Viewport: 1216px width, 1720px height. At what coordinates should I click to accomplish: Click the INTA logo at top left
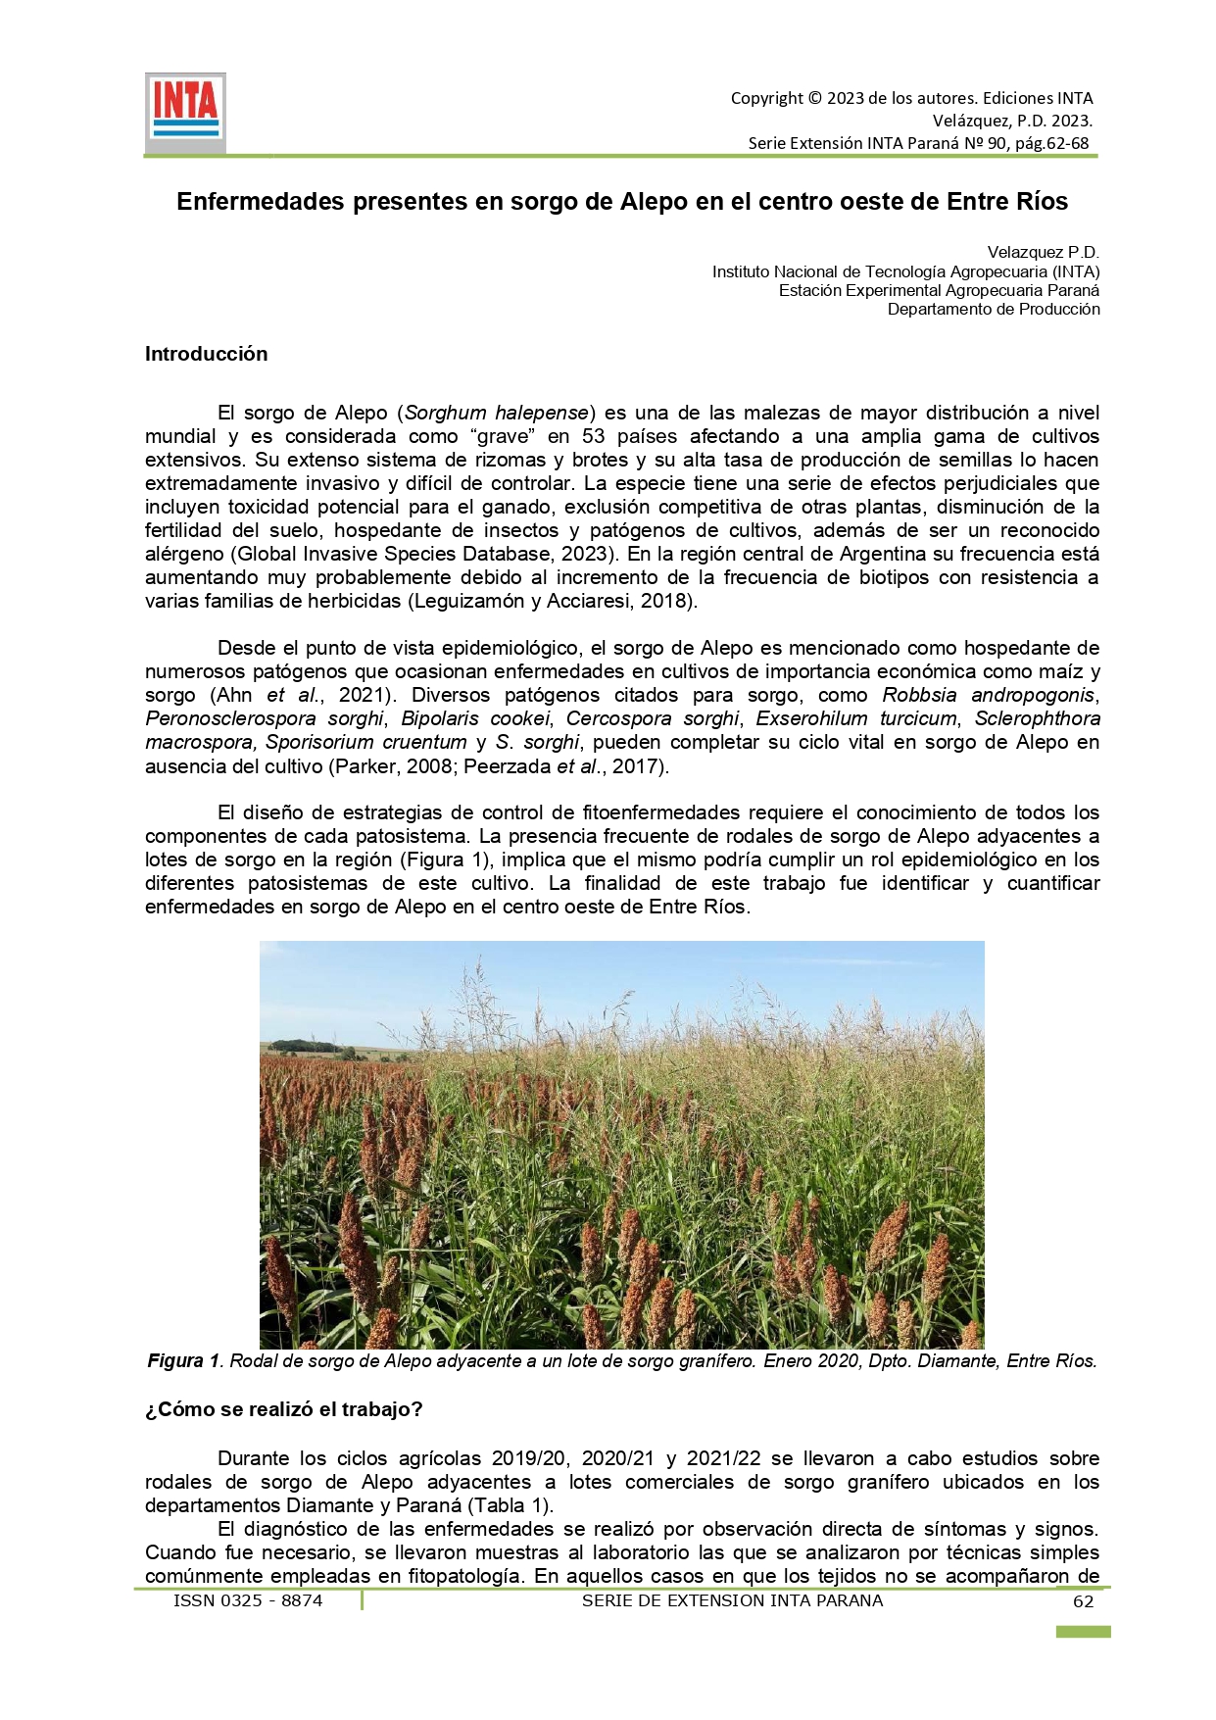point(185,111)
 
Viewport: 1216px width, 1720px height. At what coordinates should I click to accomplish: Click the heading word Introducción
point(206,354)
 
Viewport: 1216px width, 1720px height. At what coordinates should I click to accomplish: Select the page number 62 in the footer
point(1083,1601)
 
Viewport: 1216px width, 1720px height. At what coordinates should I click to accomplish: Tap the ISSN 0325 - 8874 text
point(248,1600)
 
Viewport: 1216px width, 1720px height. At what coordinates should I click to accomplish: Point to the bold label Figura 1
point(183,1361)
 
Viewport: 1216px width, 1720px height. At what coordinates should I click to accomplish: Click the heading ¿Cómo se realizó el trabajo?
point(283,1409)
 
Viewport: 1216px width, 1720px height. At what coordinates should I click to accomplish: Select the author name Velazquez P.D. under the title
point(1043,253)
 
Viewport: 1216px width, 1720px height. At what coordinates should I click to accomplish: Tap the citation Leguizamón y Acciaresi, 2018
point(552,601)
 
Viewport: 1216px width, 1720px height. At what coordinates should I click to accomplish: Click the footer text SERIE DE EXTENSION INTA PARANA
point(732,1600)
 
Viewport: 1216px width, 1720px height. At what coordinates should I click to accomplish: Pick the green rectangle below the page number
point(1083,1632)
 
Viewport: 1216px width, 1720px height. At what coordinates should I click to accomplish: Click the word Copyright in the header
point(766,98)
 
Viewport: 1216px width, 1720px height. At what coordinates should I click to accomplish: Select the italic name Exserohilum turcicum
point(855,718)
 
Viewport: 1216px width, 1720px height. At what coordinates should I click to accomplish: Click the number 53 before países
point(594,436)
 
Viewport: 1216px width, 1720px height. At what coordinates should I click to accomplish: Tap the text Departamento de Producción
point(994,310)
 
